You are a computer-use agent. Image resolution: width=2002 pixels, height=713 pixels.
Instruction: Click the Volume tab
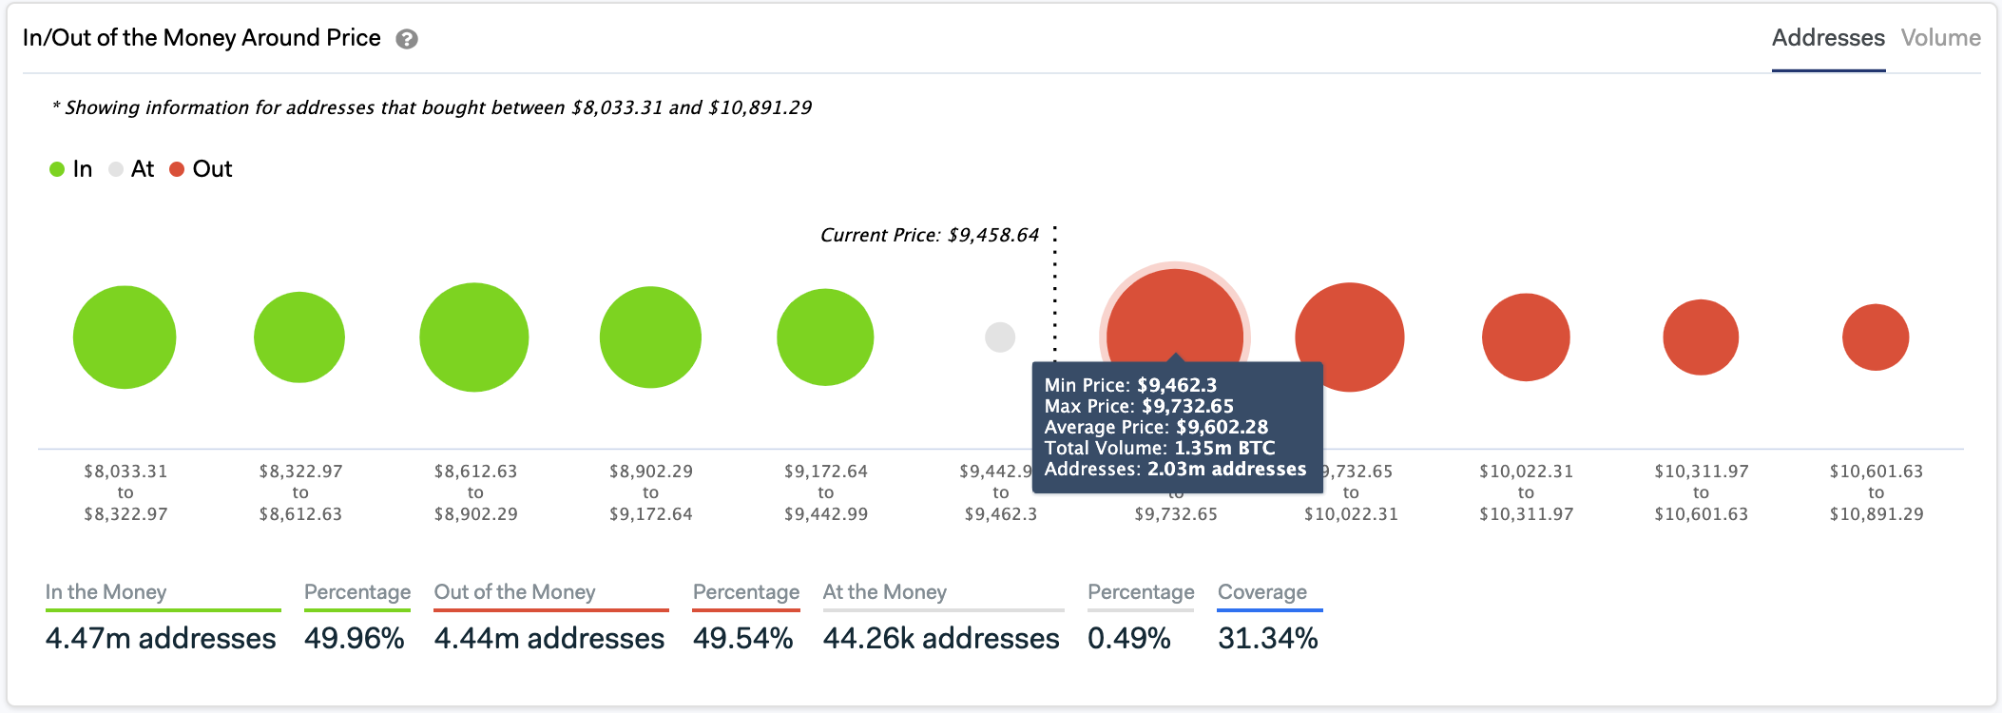click(x=1940, y=38)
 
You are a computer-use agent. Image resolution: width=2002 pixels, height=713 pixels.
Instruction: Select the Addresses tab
click(x=1827, y=38)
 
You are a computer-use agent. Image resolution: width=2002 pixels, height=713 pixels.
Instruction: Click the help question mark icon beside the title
click(x=407, y=39)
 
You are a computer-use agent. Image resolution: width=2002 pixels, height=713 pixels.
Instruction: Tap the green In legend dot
click(x=57, y=169)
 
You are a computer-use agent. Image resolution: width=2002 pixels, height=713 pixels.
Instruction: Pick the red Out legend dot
click(x=177, y=169)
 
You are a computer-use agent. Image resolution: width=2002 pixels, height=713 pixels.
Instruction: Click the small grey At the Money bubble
click(x=1000, y=337)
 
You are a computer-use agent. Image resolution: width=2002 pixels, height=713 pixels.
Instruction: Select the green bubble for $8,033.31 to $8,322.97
click(x=125, y=337)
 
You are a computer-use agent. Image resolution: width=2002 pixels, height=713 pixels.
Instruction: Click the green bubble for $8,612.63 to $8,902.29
click(x=474, y=337)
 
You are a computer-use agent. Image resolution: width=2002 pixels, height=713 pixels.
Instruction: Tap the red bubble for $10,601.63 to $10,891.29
click(x=1876, y=337)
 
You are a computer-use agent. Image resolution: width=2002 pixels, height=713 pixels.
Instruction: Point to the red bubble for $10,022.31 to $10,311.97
click(x=1526, y=337)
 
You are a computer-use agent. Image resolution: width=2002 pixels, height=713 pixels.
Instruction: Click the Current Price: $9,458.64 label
click(x=930, y=235)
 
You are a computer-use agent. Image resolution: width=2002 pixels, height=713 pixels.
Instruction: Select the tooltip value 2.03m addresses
click(x=1226, y=469)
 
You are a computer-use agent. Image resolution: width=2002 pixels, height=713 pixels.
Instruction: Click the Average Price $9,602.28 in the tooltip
click(x=1222, y=427)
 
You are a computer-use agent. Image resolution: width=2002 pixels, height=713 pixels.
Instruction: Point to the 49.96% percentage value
click(x=355, y=638)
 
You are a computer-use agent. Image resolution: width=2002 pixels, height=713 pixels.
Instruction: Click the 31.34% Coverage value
click(x=1267, y=638)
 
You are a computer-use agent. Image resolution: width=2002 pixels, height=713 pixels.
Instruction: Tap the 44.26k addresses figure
click(x=940, y=638)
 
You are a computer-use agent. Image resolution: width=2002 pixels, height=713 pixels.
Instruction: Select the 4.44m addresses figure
click(x=549, y=638)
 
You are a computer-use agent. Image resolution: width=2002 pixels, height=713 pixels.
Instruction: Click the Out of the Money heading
click(x=514, y=592)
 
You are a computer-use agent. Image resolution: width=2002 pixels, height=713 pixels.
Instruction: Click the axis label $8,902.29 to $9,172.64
click(x=650, y=492)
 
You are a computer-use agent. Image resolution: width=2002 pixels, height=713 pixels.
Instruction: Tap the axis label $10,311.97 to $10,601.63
click(x=1701, y=492)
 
